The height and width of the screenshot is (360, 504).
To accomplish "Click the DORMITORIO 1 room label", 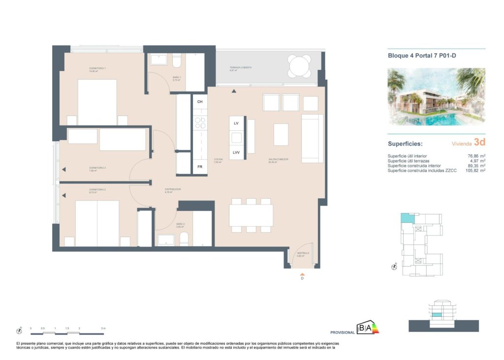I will point(97,68).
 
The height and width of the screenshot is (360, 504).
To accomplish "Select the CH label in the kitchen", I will point(200,102).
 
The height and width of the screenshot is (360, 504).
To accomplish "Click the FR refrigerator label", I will point(200,167).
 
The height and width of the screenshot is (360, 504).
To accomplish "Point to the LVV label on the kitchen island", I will point(236,152).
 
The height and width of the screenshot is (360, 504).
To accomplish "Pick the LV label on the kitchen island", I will point(236,123).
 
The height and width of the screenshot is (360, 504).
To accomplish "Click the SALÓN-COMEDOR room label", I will point(278,159).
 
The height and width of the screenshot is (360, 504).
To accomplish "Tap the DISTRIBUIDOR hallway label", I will point(173,189).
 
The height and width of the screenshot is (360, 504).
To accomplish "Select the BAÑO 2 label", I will point(180,224).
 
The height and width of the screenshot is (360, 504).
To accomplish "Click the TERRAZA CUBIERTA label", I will point(241,68).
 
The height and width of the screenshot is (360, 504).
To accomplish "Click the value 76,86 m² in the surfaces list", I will point(475,156).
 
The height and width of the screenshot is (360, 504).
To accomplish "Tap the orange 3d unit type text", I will point(479,143).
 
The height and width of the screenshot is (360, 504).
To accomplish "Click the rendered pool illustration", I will point(437,97).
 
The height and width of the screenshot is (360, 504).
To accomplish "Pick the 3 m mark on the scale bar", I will point(102,328).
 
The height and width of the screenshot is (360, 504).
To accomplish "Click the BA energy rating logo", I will point(368,328).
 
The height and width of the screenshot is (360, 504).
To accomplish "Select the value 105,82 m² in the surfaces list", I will point(475,171).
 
